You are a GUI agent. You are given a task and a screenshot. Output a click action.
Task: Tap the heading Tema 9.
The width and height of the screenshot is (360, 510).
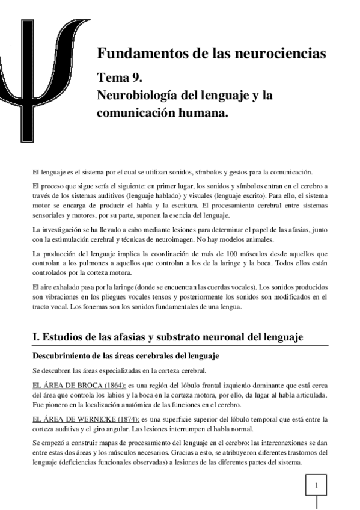tap(120, 78)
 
